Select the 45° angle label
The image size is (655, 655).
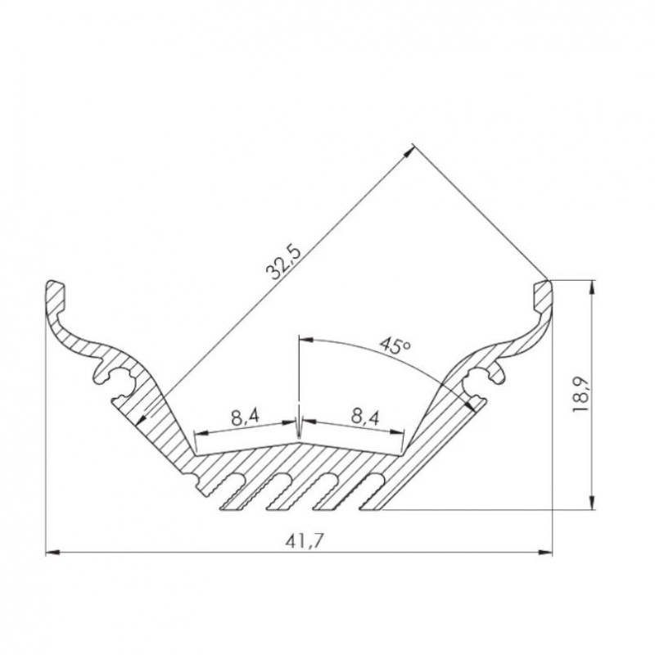click(x=395, y=346)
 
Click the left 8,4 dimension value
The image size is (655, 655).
click(x=245, y=415)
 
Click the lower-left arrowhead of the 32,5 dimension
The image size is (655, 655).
click(x=147, y=419)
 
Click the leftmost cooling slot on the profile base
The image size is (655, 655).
click(x=232, y=491)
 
